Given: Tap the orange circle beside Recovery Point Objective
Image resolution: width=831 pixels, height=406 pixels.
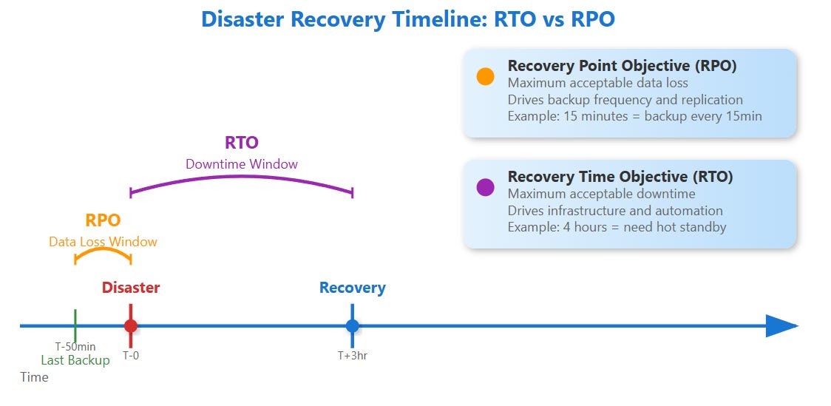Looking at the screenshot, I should (485, 76).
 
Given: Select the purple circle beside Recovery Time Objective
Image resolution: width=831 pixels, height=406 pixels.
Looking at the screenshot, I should (485, 187).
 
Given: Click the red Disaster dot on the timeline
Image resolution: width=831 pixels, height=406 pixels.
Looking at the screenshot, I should (131, 325).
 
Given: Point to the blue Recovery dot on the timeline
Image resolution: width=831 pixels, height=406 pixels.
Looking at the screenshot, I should (352, 325).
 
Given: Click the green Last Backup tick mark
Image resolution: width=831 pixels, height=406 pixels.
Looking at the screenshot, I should (75, 325).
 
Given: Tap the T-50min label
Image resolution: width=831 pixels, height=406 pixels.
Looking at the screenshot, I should (75, 346).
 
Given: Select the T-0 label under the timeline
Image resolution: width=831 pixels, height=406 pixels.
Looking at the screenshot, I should (131, 356).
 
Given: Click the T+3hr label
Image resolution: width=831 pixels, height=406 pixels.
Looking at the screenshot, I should (353, 356).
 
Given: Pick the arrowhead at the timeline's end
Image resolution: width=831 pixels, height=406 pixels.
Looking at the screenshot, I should (780, 325).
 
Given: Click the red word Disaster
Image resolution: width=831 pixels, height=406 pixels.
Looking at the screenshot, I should (131, 288).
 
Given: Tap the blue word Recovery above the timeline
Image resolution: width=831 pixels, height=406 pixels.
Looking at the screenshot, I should (353, 288).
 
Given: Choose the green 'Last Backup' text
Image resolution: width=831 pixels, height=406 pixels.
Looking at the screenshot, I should (75, 360).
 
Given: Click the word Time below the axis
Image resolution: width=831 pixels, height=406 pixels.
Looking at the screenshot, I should (34, 377).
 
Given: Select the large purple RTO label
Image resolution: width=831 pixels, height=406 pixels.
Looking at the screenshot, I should (242, 143).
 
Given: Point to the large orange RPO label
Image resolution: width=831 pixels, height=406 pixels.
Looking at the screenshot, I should (103, 220).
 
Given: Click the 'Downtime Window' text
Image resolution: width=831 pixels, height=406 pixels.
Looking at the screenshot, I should (242, 163).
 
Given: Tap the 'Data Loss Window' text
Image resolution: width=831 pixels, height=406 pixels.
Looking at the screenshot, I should (103, 241).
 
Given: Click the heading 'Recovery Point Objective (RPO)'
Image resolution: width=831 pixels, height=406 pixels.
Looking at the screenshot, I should (622, 66).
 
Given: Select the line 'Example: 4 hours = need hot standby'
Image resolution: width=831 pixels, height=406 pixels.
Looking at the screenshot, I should (617, 227).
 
